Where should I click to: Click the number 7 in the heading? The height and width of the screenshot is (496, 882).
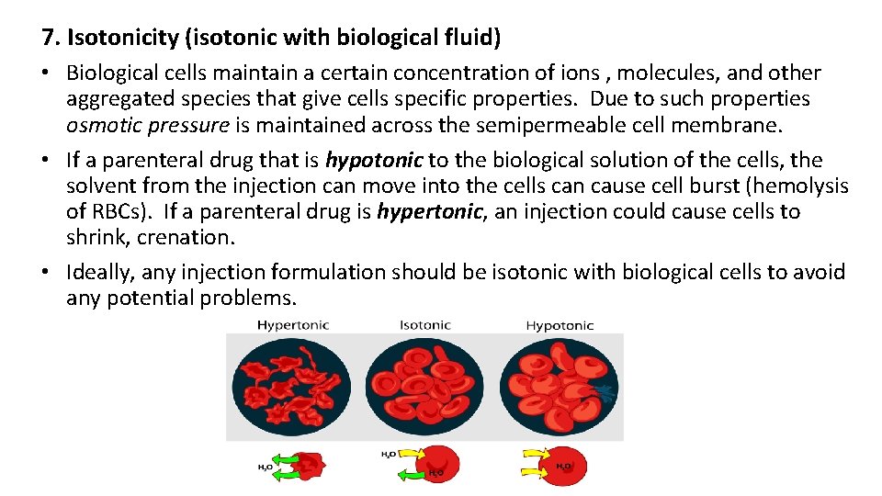pos(48,39)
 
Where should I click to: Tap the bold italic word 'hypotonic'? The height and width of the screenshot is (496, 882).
pos(374,160)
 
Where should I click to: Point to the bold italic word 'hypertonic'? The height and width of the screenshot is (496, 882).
pos(429,211)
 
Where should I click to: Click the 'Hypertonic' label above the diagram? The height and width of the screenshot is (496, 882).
pos(293,325)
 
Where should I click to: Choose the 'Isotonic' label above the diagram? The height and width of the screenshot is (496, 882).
pos(425,325)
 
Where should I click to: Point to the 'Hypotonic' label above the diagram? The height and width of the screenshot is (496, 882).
pos(560,325)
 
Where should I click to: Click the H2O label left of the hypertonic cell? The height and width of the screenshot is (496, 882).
pos(264,468)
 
